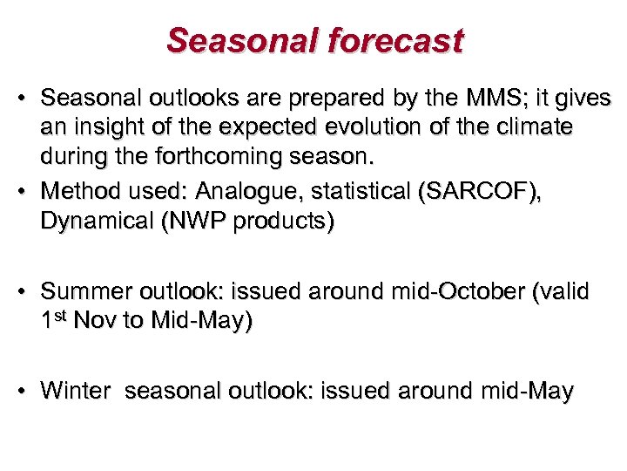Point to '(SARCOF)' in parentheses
482,191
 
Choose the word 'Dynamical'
96,222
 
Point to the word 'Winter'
75,391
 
